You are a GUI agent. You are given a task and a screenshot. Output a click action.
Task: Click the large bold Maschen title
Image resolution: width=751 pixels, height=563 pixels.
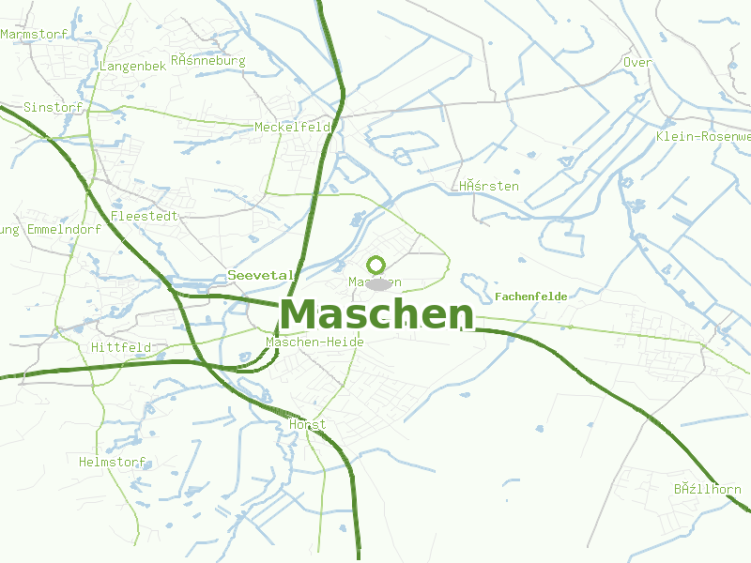[376, 314]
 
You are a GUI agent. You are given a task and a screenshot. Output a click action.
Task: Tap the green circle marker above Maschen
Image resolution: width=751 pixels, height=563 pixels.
[376, 265]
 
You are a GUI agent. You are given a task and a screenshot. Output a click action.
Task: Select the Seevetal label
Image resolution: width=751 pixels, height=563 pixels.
[262, 275]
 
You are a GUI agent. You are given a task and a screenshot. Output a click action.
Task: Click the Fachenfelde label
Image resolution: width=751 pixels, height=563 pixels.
[530, 297]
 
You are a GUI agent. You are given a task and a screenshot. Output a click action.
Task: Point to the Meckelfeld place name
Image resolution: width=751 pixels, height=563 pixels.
[293, 127]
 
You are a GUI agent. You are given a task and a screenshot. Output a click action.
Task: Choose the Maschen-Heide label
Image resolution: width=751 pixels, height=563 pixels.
[314, 342]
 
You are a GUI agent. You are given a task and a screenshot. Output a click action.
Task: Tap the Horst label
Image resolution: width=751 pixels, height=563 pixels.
[308, 424]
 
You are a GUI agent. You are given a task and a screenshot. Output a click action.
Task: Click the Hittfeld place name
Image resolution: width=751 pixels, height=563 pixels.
[121, 347]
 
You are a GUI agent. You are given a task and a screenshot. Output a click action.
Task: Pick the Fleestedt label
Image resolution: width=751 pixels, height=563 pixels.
[145, 216]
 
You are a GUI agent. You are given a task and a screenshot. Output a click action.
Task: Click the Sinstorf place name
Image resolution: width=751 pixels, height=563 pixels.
[54, 107]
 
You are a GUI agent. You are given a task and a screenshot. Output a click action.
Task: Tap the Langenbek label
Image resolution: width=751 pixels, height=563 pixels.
[132, 67]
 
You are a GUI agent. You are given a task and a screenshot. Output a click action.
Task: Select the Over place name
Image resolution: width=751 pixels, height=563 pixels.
[637, 63]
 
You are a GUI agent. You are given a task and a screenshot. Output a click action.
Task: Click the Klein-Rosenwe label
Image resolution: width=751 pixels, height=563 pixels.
[703, 137]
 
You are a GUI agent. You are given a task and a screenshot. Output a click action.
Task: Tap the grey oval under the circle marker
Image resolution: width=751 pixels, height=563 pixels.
[377, 284]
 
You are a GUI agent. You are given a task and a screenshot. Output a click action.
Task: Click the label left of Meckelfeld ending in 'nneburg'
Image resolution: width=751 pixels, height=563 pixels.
[207, 61]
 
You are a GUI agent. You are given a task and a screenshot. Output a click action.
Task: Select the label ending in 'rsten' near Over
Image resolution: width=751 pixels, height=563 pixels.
[489, 186]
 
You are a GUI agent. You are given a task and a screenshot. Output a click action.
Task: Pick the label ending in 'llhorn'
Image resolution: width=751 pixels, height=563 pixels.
[707, 490]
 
